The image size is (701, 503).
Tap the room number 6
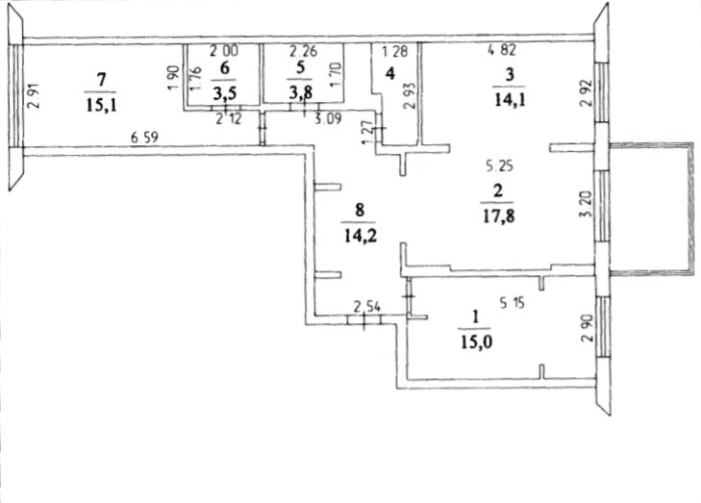click(225, 68)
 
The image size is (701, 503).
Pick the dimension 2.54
click(366, 307)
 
